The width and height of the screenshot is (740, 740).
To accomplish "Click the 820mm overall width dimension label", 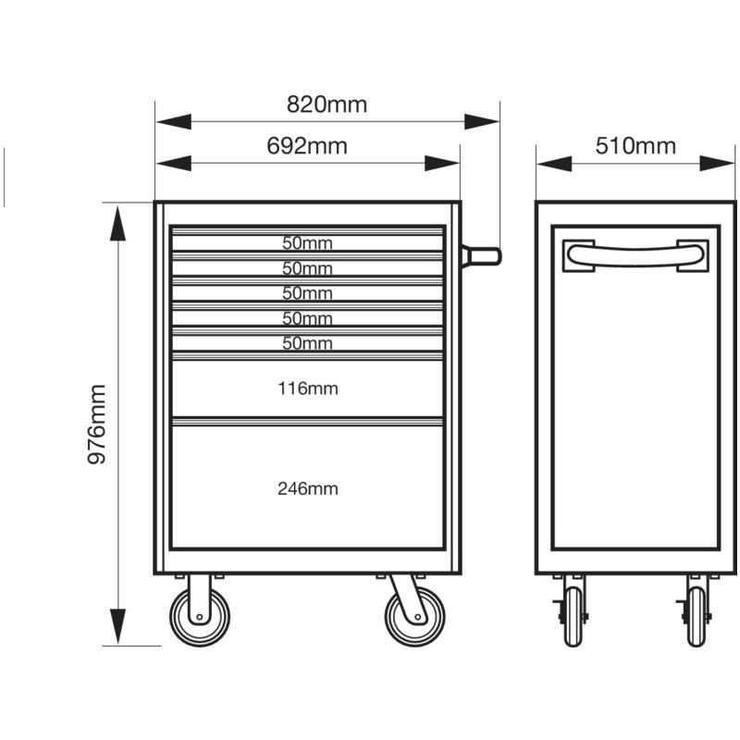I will (x=327, y=105).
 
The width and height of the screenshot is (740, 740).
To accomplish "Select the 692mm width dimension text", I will (x=306, y=146).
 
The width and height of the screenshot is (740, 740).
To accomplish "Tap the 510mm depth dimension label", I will (x=635, y=146).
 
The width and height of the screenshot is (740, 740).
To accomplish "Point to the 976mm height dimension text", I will (x=97, y=425).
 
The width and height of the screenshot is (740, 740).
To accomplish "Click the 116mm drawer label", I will (x=307, y=388).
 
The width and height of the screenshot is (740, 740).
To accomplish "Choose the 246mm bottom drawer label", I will (x=307, y=488).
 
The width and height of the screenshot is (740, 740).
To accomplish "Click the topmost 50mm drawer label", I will (x=307, y=244).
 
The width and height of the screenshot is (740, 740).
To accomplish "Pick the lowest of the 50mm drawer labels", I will (x=307, y=344).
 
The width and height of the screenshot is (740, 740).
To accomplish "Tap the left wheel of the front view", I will (x=198, y=617).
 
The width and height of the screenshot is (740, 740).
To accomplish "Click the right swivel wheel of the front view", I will (x=415, y=617).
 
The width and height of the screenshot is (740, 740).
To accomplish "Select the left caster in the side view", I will (x=574, y=615).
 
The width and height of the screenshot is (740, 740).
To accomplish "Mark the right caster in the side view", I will (x=697, y=615).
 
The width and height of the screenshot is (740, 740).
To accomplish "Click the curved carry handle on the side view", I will (x=636, y=252).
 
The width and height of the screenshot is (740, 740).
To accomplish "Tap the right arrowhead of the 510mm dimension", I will (x=717, y=164).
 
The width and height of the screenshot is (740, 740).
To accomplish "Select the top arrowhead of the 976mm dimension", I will (x=118, y=222).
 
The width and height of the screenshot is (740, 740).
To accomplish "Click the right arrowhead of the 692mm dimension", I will (x=442, y=164).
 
